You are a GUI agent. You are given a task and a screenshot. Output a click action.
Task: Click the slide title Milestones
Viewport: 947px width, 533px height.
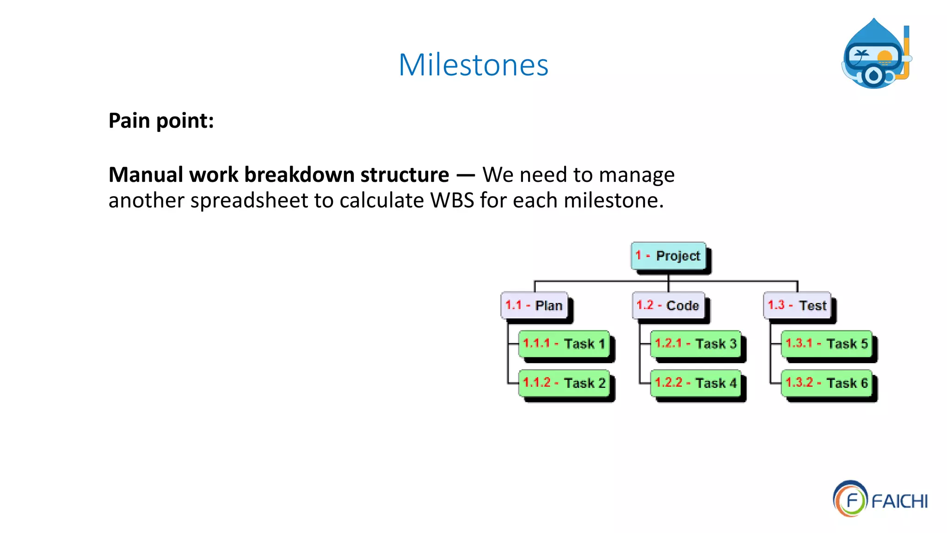[x=473, y=65]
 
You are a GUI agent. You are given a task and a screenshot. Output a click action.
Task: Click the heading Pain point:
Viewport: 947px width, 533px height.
[x=161, y=121]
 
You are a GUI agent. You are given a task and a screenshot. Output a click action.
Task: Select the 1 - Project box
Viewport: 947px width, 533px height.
[x=669, y=255]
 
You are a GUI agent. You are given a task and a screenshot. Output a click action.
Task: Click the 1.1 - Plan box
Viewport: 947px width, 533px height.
[x=534, y=305]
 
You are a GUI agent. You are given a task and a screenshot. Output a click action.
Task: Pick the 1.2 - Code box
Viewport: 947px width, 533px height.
[x=668, y=305]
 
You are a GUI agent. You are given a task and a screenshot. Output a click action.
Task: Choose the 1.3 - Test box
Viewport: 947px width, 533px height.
[x=797, y=305]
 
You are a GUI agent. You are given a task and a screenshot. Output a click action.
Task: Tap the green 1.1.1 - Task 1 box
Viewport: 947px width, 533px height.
[x=564, y=344]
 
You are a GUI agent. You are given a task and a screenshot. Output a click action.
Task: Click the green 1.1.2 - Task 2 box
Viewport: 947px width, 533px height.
[x=564, y=383]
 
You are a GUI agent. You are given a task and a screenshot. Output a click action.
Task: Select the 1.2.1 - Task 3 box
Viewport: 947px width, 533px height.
[x=695, y=344]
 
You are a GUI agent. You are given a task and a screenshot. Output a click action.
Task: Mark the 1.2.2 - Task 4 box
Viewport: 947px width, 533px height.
[x=695, y=383]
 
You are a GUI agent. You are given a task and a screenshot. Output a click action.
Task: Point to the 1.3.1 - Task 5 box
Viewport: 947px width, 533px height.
[x=827, y=344]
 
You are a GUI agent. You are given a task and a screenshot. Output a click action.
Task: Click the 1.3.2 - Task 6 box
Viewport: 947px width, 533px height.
[x=827, y=383]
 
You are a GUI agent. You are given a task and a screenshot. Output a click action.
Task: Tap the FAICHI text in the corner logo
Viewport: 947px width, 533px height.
[x=899, y=502]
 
